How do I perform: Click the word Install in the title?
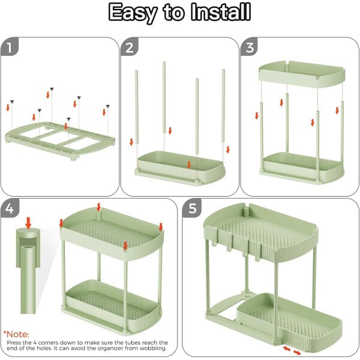coord(220,12)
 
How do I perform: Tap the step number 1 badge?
coord(9,48)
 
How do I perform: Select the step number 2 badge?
coord(130,48)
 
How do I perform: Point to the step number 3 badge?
coord(250,48)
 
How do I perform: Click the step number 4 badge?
coord(10,208)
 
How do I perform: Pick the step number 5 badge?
coord(193,208)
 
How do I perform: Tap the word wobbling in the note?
coord(152,348)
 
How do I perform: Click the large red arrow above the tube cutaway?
coord(28,223)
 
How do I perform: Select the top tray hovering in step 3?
coord(302,74)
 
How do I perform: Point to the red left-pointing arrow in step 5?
coord(286,349)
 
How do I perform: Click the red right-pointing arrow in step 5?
coord(298,352)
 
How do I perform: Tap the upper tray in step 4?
coord(112,234)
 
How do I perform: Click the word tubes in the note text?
coord(132,343)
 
